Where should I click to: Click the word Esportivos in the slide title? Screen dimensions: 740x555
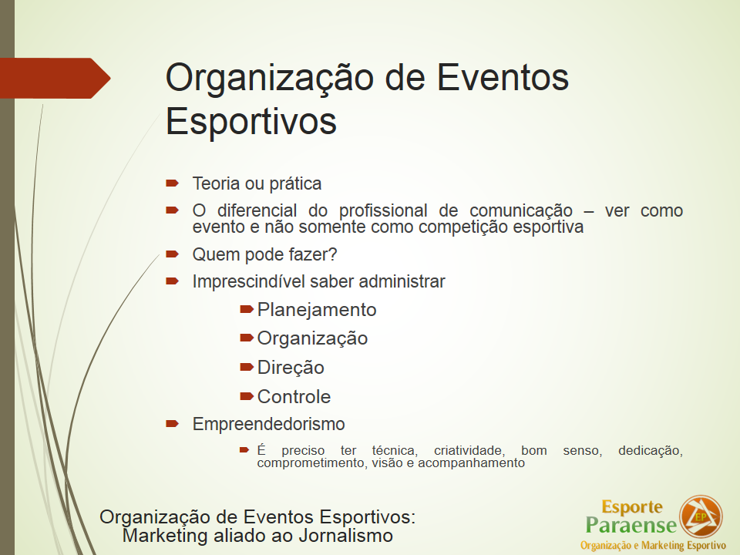(x=251, y=122)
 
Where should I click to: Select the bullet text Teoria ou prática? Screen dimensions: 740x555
(x=257, y=183)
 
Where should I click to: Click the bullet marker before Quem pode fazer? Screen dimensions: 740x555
(x=172, y=254)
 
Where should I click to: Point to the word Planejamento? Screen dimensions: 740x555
(x=317, y=310)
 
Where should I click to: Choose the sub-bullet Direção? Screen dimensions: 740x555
(x=291, y=368)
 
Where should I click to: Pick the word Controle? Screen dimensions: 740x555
(x=294, y=397)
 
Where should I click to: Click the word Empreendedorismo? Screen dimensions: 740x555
(x=268, y=424)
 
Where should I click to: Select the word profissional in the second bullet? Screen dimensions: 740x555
(x=383, y=210)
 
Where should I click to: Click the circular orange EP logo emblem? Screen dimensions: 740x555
(x=701, y=516)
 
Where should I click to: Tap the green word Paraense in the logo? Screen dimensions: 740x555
(x=631, y=525)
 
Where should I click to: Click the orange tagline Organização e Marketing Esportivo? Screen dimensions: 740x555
(x=653, y=546)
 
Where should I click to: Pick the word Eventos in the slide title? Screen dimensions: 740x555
(x=503, y=78)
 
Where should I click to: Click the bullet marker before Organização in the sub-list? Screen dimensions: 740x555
(x=247, y=338)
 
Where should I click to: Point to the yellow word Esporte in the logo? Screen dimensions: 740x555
(x=632, y=507)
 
